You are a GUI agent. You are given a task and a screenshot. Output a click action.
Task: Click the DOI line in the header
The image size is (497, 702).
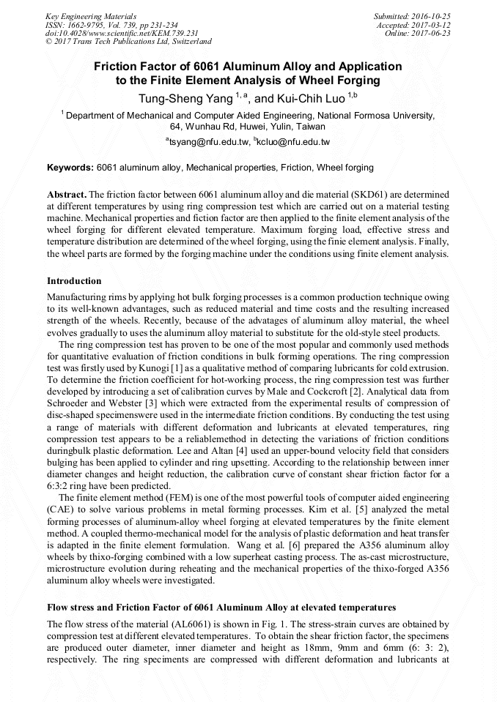tap(122, 33)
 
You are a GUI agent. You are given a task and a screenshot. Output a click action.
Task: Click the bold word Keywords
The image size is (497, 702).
tap(70, 168)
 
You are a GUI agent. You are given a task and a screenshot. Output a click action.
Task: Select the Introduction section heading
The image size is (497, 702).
tap(74, 281)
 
